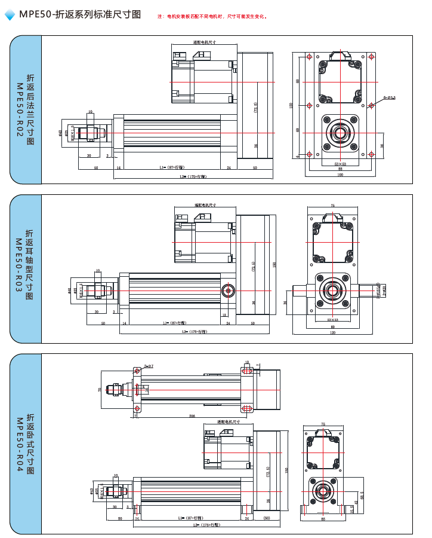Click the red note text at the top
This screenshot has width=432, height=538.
[212, 16]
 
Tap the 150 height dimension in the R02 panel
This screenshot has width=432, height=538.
[291, 105]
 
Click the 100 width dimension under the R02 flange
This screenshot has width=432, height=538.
[340, 175]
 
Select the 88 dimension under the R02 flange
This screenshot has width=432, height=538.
[340, 169]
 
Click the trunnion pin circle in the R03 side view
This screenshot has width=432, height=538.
[228, 291]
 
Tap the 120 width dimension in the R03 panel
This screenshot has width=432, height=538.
[332, 333]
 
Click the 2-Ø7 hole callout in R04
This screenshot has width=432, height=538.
[149, 366]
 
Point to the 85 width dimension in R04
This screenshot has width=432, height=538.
[323, 519]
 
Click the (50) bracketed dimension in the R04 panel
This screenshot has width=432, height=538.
[266, 518]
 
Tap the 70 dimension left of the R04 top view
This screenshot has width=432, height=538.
[100, 389]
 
